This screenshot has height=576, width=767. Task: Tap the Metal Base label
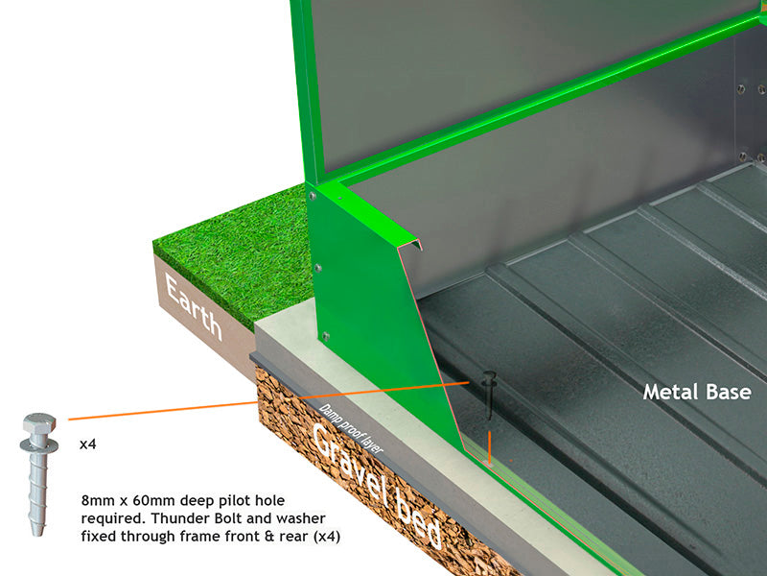(x=697, y=392)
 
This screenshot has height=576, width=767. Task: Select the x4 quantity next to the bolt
(x=88, y=445)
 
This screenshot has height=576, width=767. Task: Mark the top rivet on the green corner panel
(x=314, y=196)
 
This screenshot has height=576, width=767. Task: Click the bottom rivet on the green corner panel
(x=326, y=336)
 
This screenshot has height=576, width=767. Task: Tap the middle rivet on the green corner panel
(x=319, y=268)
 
